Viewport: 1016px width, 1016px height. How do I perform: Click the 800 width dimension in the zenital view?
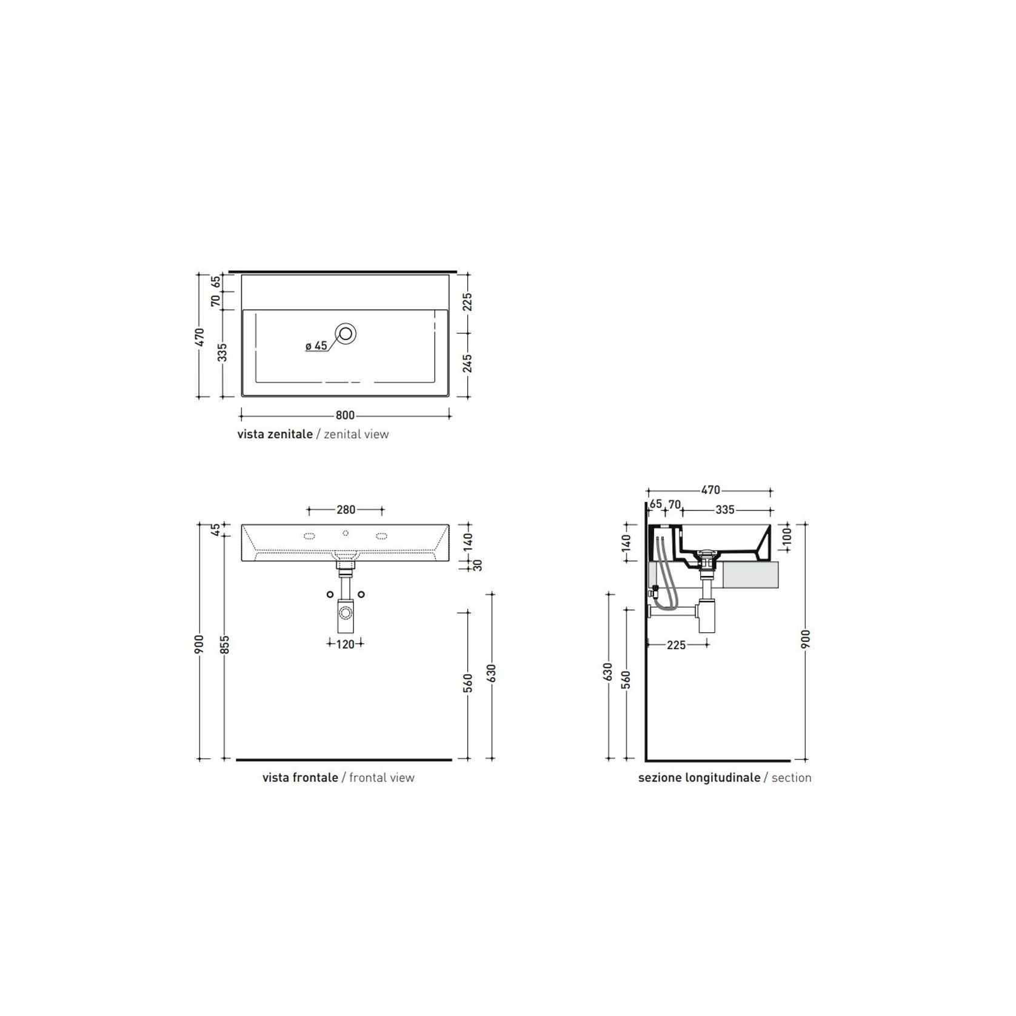(345, 415)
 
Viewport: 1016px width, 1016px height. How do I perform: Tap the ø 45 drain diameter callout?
(316, 346)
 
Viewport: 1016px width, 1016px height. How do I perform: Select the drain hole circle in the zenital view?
(346, 333)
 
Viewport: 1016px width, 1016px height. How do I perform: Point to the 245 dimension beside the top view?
(467, 363)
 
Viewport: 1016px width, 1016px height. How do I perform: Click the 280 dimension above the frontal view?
(346, 510)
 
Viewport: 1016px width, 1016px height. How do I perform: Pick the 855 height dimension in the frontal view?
(224, 645)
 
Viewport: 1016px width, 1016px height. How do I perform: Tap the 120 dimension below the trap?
(345, 644)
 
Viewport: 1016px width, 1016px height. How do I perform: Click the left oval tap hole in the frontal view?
(309, 536)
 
